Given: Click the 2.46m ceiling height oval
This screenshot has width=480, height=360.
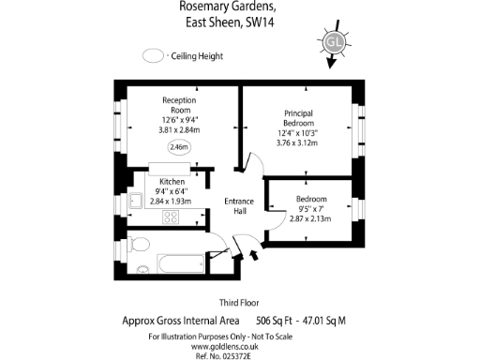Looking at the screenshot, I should pyautogui.click(x=178, y=147).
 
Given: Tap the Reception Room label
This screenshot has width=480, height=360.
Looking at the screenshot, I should pyautogui.click(x=178, y=104).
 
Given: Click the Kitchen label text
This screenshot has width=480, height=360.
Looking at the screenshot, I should pyautogui.click(x=171, y=181).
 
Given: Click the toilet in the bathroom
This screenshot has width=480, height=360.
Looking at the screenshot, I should pyautogui.click(x=139, y=245).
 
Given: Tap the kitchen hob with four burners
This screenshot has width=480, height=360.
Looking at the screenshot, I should pyautogui.click(x=171, y=217).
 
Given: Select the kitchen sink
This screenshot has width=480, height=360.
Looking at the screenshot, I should pyautogui.click(x=135, y=199).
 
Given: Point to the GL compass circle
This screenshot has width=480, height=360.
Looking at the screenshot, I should pyautogui.click(x=333, y=42).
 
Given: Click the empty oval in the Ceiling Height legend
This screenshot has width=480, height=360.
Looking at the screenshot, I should pyautogui.click(x=153, y=56).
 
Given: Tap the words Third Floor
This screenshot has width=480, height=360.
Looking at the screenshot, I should pyautogui.click(x=239, y=303).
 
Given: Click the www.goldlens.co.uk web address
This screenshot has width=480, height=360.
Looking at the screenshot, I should pyautogui.click(x=239, y=345).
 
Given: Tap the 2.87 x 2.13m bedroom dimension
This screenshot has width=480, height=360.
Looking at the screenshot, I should pyautogui.click(x=310, y=217).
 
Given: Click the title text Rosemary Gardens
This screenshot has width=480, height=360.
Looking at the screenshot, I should pyautogui.click(x=224, y=6).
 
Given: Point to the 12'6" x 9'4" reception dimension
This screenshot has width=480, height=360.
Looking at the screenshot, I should pyautogui.click(x=178, y=120).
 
